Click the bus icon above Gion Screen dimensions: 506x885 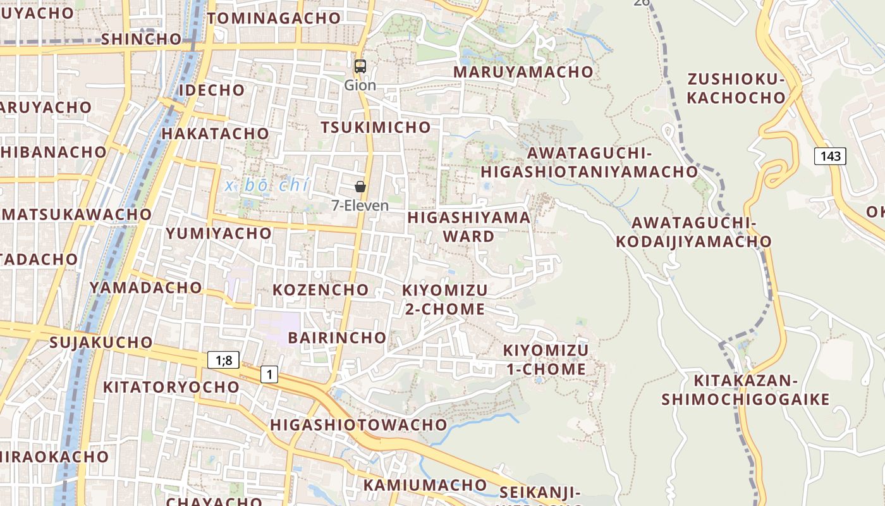(x=360, y=66)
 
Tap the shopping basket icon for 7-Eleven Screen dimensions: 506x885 (x=360, y=186)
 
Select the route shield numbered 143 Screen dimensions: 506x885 (x=829, y=156)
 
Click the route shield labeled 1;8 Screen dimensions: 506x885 (x=224, y=361)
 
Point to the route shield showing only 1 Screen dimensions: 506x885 (x=269, y=374)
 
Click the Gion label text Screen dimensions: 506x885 (x=360, y=85)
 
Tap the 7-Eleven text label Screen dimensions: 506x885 (x=360, y=206)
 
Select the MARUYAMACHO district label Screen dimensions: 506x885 (x=523, y=72)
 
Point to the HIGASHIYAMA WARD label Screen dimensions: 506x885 (x=469, y=226)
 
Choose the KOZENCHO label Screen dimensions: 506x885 (x=320, y=290)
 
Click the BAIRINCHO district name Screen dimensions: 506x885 (x=337, y=337)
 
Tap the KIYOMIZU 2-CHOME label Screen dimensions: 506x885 (x=445, y=300)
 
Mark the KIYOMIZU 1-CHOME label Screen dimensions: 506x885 (x=546, y=359)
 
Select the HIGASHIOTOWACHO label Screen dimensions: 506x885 (x=358, y=424)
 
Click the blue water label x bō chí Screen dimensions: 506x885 (x=267, y=186)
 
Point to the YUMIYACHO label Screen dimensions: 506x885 (x=219, y=233)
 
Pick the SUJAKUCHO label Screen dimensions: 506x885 (x=101, y=343)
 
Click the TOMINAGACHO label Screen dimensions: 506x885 (x=274, y=18)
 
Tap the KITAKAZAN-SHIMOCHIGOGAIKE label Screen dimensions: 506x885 (x=745, y=390)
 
